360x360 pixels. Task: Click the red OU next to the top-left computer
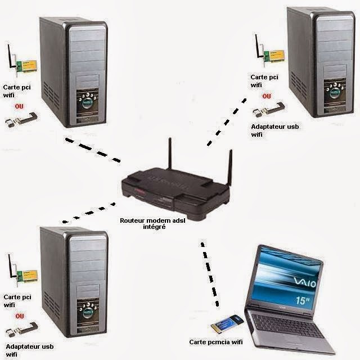pyautogui.click(x=19, y=106)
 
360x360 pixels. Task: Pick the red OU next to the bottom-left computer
pyautogui.click(x=20, y=316)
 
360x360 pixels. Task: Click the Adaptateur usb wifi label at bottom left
pyautogui.click(x=28, y=350)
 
